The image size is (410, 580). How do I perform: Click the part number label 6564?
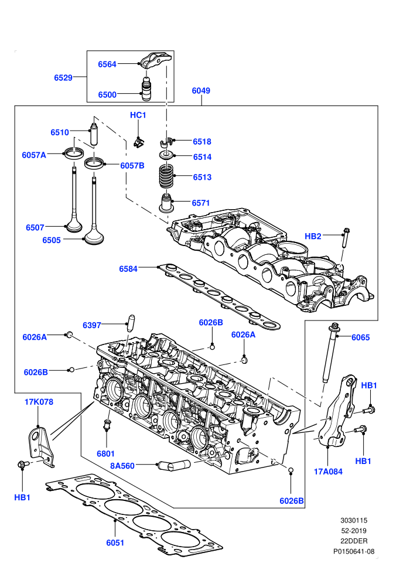107,64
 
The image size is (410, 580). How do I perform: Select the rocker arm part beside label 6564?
156,60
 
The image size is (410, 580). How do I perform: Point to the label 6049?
201,91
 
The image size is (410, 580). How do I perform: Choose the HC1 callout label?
138,115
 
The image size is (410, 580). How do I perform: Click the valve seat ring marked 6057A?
74,153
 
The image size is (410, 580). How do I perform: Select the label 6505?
52,240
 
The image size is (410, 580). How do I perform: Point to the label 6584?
128,269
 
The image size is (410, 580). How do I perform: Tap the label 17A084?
328,472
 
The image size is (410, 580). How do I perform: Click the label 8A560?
122,466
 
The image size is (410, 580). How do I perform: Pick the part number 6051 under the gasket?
115,543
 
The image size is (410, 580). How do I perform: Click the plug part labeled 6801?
107,425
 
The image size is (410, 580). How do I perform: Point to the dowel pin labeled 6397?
130,323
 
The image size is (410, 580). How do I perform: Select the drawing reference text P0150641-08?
354,551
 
